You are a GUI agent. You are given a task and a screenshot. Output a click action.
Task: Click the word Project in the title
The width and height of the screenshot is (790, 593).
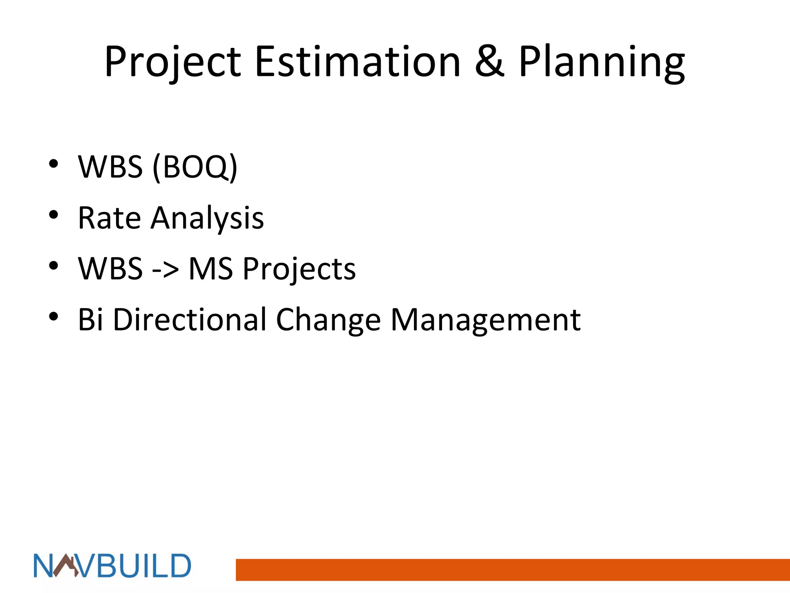(172, 62)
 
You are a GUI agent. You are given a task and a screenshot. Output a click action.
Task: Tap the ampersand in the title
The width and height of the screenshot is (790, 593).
(489, 62)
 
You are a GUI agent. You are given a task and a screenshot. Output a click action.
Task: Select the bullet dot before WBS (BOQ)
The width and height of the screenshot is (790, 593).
(54, 164)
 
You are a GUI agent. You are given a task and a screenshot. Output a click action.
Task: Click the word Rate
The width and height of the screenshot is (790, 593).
(109, 218)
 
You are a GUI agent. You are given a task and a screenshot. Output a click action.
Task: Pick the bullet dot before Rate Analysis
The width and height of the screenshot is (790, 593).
(54, 215)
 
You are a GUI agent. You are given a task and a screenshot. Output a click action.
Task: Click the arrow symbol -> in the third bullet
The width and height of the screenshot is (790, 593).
(165, 269)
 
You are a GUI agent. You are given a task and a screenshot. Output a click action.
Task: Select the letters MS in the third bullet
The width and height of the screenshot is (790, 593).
(211, 269)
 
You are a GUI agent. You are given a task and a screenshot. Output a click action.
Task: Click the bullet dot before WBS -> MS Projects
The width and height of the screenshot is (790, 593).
(54, 266)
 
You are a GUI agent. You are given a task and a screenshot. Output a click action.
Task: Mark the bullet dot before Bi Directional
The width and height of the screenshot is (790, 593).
(54, 317)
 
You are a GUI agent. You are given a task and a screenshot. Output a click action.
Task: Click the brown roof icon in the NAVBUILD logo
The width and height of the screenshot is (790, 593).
(65, 565)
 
